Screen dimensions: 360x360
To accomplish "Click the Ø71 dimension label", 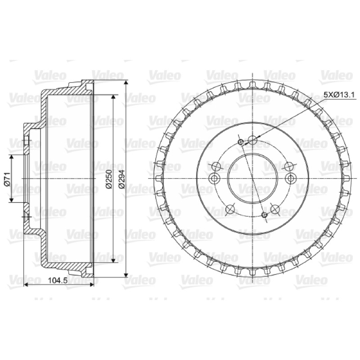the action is click(7, 179).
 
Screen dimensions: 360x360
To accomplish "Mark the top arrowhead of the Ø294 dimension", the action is click(126, 83).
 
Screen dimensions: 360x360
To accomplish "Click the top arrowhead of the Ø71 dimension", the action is click(11, 157).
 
